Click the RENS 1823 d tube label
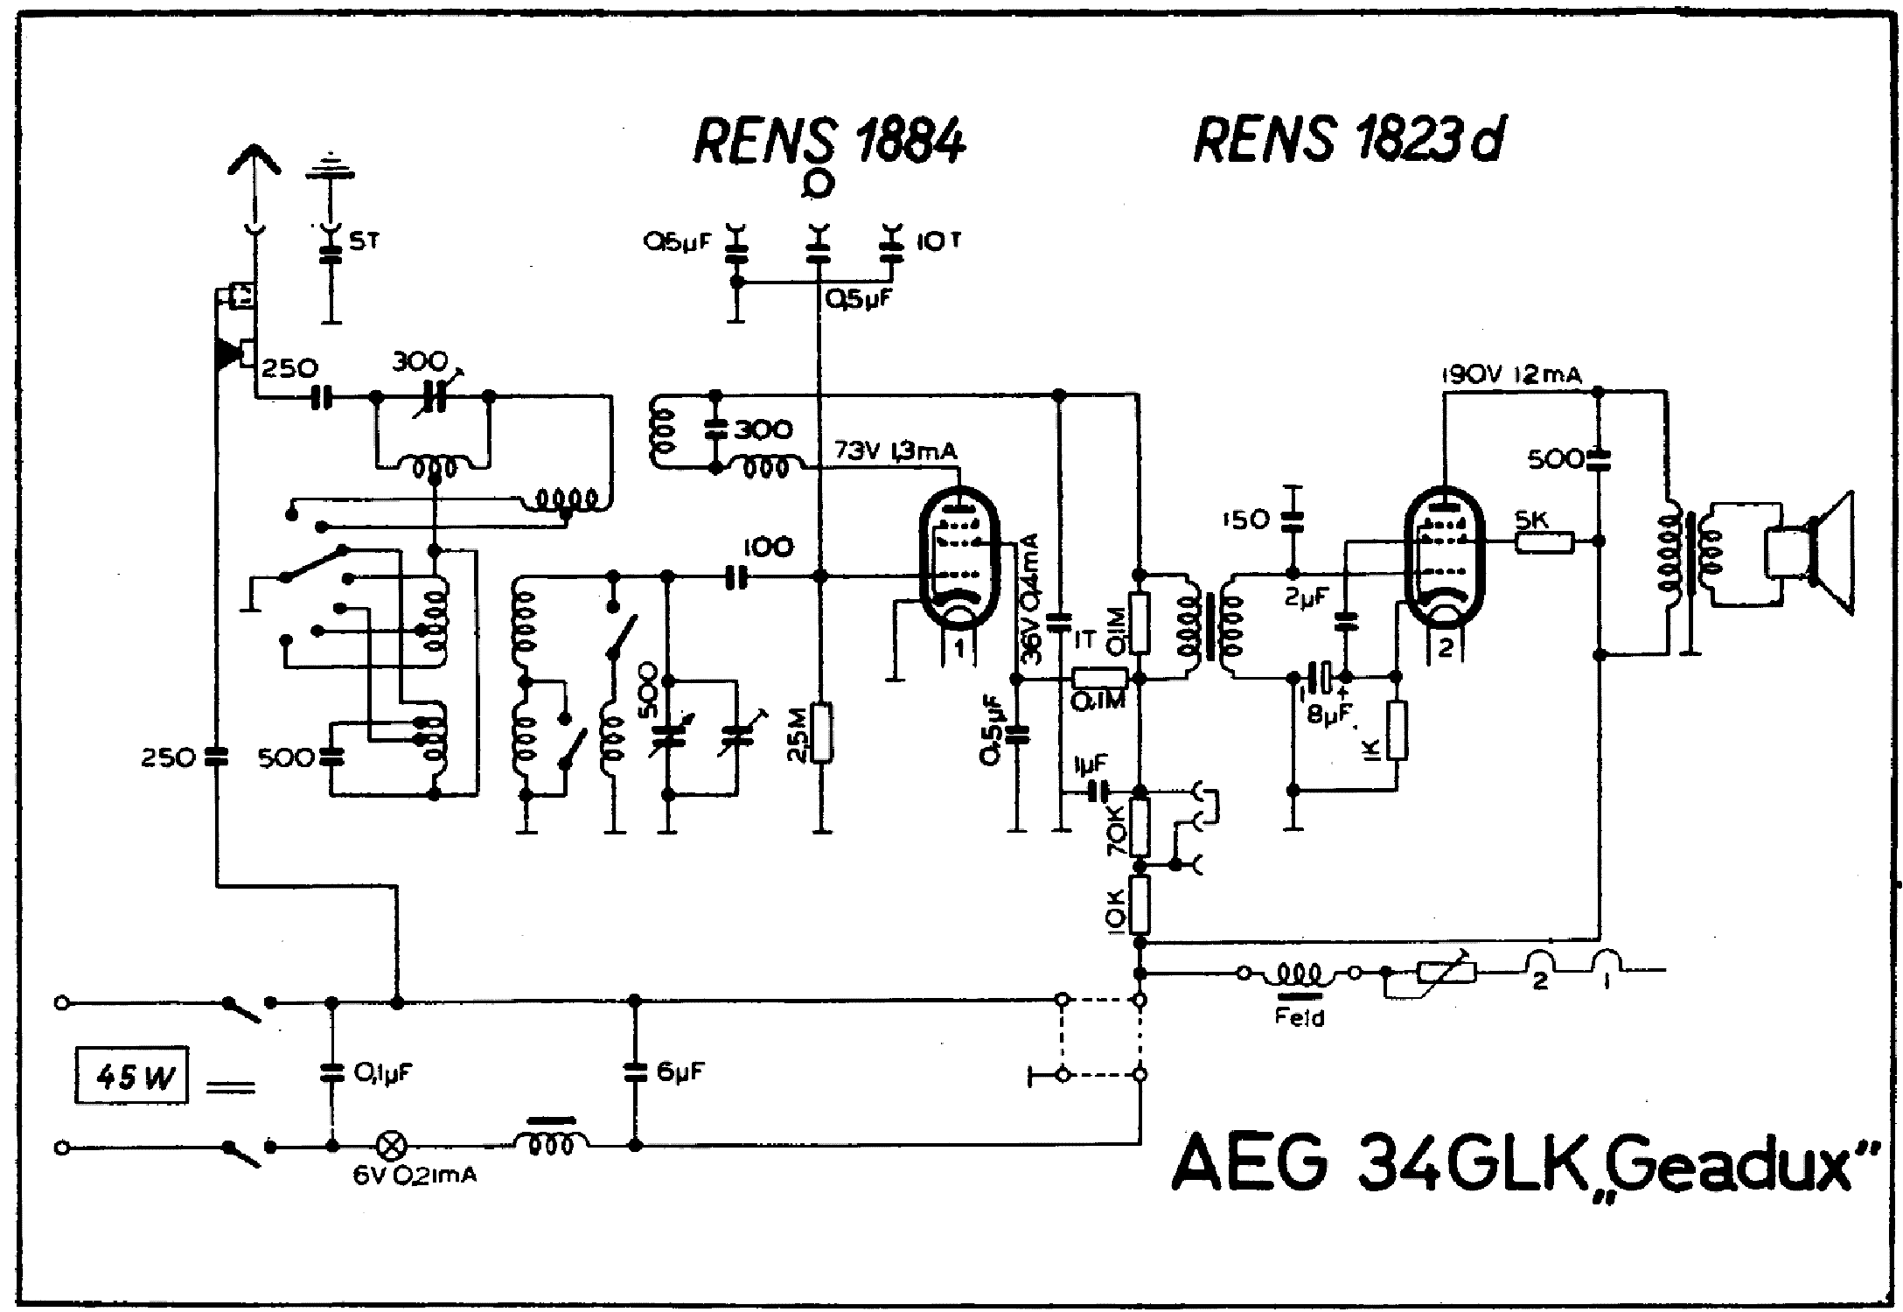click(1348, 140)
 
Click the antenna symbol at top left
click(254, 166)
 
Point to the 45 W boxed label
click(131, 1075)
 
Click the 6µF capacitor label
click(680, 1071)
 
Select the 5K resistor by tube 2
click(1544, 542)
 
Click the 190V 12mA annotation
click(1511, 375)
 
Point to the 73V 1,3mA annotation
click(896, 450)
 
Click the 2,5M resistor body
click(821, 733)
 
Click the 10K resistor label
click(1115, 911)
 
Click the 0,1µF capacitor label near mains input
click(383, 1072)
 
